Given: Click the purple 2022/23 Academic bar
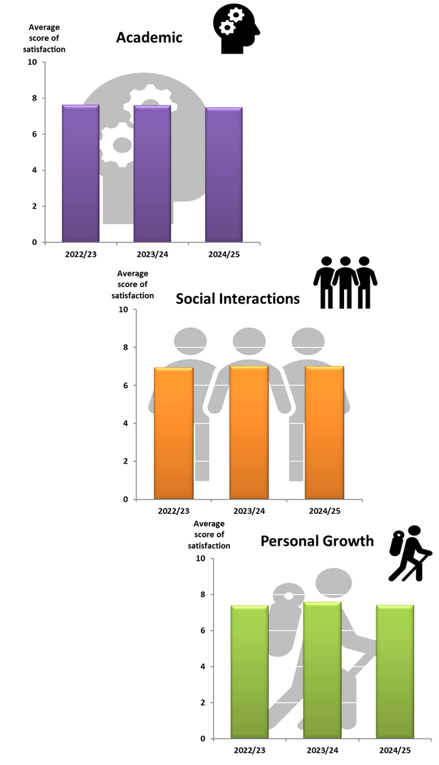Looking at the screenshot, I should [81, 174].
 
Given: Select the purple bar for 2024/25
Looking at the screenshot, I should [224, 175].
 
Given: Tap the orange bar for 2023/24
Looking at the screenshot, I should [249, 433].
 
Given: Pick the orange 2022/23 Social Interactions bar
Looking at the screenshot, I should [174, 434].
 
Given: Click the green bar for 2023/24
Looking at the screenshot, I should [322, 671].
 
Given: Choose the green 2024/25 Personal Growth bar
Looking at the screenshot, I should [395, 672].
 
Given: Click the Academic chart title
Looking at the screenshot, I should [149, 37].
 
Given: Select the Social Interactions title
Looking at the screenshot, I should [237, 299].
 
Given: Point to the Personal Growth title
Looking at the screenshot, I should [317, 541].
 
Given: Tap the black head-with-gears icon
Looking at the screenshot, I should [236, 29].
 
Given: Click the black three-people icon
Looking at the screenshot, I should [345, 282].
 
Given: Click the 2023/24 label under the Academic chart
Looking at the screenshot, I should [152, 255].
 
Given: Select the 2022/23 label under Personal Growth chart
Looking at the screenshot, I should [249, 751].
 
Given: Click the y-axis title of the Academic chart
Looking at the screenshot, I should [47, 38].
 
